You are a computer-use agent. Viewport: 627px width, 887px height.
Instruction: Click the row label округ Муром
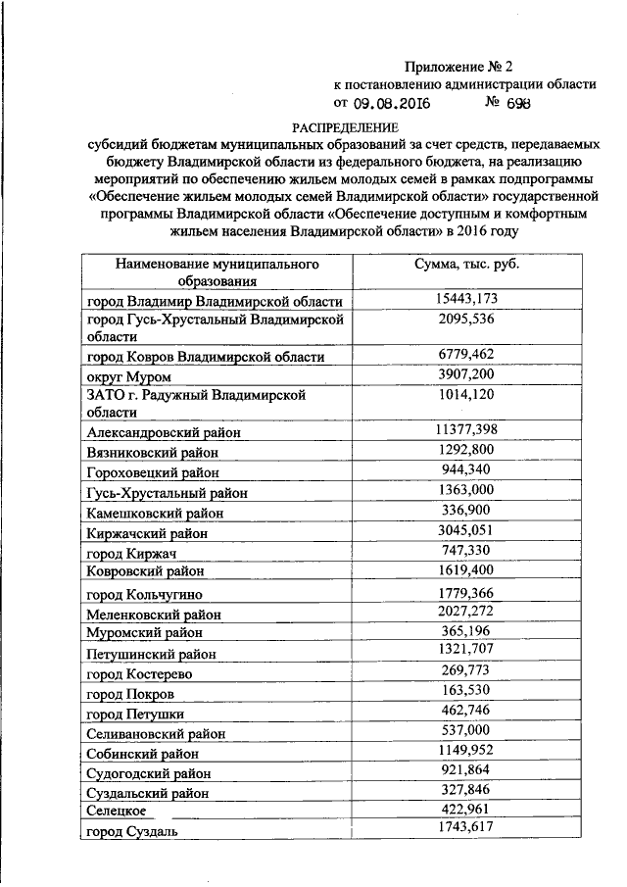click(128, 376)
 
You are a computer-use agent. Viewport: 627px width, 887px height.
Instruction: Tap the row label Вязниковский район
click(152, 453)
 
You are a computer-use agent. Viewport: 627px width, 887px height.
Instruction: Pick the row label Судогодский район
click(149, 773)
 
